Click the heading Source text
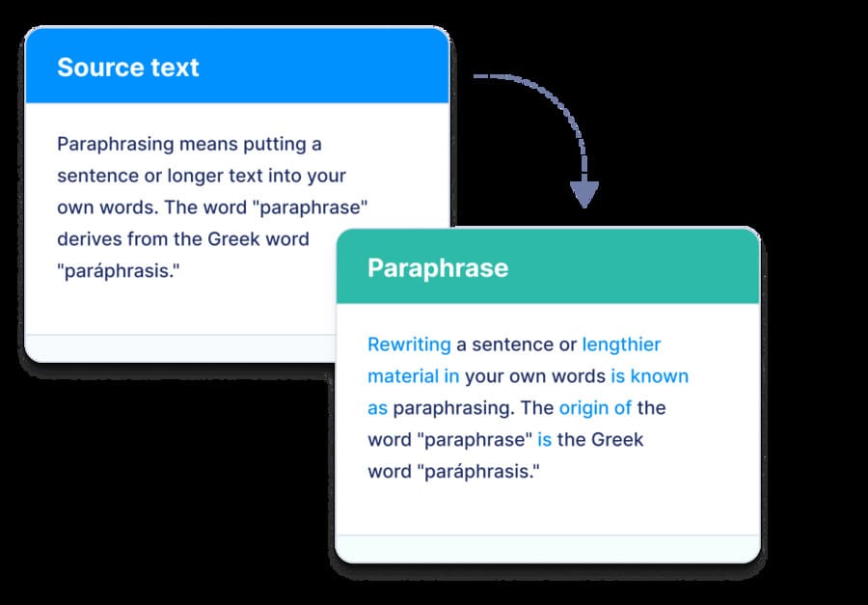click(127, 68)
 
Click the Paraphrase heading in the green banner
click(437, 267)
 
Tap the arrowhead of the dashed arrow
click(583, 194)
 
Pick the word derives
click(89, 238)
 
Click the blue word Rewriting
click(409, 344)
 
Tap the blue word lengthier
click(621, 344)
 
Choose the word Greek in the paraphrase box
click(617, 440)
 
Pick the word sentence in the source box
click(96, 177)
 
